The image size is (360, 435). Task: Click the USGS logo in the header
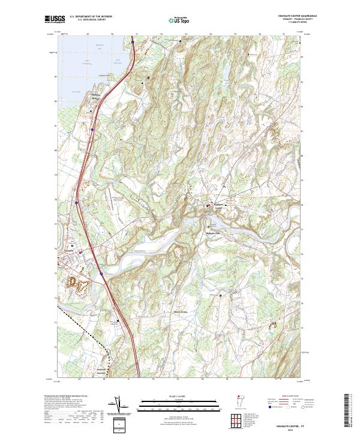click(x=54, y=20)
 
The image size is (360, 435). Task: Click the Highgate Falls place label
click(x=214, y=233)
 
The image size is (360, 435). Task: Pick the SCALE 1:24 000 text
click(x=180, y=395)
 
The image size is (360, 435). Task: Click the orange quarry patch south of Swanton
click(x=76, y=283)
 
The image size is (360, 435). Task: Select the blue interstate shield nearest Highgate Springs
click(x=92, y=128)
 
